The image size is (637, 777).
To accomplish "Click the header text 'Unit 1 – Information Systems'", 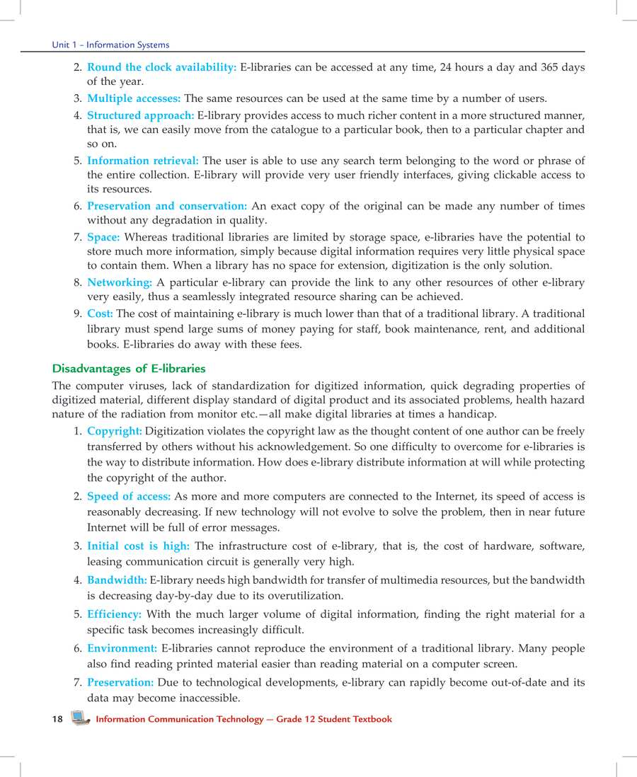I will (110, 45).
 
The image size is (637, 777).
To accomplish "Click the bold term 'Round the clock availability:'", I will (161, 67).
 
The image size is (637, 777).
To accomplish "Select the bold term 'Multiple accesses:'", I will (134, 98).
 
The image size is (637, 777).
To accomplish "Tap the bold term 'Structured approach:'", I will (140, 115).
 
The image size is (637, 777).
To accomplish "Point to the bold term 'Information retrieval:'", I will (142, 161).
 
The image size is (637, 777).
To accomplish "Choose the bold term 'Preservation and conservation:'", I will (166, 206).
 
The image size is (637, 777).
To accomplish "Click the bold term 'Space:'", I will (103, 237).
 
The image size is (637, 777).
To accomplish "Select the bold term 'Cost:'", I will (100, 313).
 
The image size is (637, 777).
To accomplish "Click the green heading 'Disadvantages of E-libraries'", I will (129, 369).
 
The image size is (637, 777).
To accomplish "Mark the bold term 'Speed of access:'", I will (129, 497).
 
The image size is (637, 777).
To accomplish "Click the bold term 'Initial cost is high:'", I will (138, 546).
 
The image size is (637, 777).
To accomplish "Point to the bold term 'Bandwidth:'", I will (117, 580).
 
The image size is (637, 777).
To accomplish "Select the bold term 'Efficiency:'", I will (115, 614).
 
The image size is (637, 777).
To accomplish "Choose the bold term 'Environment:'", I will (122, 648).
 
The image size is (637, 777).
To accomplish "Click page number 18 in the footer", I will (57, 719).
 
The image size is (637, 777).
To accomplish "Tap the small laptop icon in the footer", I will (81, 718).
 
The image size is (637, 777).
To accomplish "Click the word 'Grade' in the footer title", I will (289, 719).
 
